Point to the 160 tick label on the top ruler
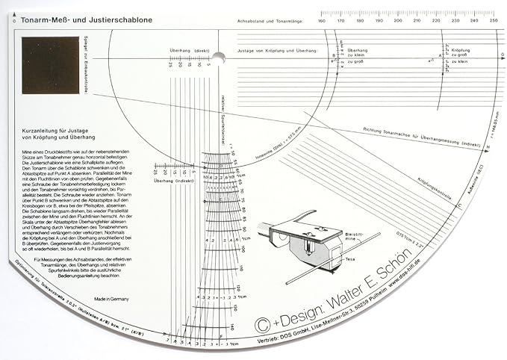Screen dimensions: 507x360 pyautogui.click(x=321, y=21)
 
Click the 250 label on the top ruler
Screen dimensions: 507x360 pyautogui.click(x=494, y=21)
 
